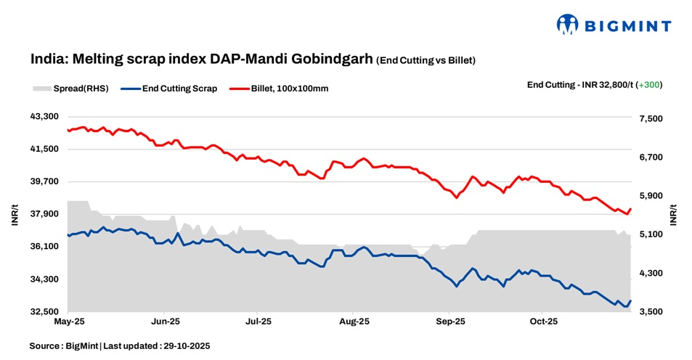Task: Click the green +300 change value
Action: pos(649,85)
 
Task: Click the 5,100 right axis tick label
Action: pos(650,234)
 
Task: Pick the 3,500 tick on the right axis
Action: pos(650,312)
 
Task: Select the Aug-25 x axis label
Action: pos(354,320)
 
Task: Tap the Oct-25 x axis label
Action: pos(543,320)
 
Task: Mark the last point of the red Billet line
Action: pos(630,209)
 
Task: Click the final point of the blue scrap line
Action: pos(630,300)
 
